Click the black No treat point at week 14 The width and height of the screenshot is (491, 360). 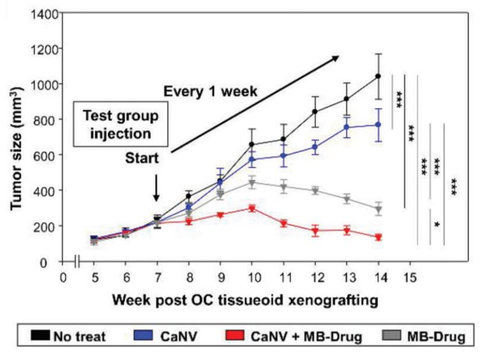tap(378, 77)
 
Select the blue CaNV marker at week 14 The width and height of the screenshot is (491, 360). tap(378, 124)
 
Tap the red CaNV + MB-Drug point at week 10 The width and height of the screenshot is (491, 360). tap(251, 209)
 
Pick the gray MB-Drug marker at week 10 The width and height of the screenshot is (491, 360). tap(251, 183)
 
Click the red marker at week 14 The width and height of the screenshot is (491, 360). tap(378, 237)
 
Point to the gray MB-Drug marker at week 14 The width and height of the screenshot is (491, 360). tap(378, 210)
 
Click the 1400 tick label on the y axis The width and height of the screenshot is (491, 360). tap(40, 13)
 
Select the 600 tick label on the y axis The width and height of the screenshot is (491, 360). tap(44, 155)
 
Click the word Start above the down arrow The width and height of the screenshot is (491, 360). tap(142, 158)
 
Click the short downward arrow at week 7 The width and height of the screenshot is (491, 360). tap(156, 188)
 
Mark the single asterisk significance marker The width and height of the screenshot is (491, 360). tap(436, 225)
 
